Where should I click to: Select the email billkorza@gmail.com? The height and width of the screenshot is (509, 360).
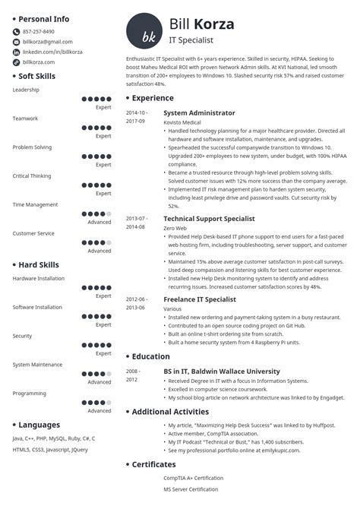click(x=47, y=42)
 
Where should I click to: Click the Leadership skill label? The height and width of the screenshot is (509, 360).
click(x=26, y=90)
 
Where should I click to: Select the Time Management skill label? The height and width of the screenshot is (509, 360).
click(x=35, y=204)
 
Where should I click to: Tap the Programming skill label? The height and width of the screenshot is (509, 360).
click(x=29, y=393)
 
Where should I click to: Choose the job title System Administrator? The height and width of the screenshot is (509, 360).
click(x=199, y=112)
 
